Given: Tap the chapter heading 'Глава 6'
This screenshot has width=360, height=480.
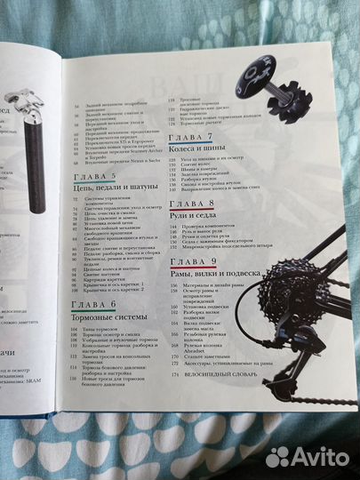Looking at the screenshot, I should click(x=97, y=303).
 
